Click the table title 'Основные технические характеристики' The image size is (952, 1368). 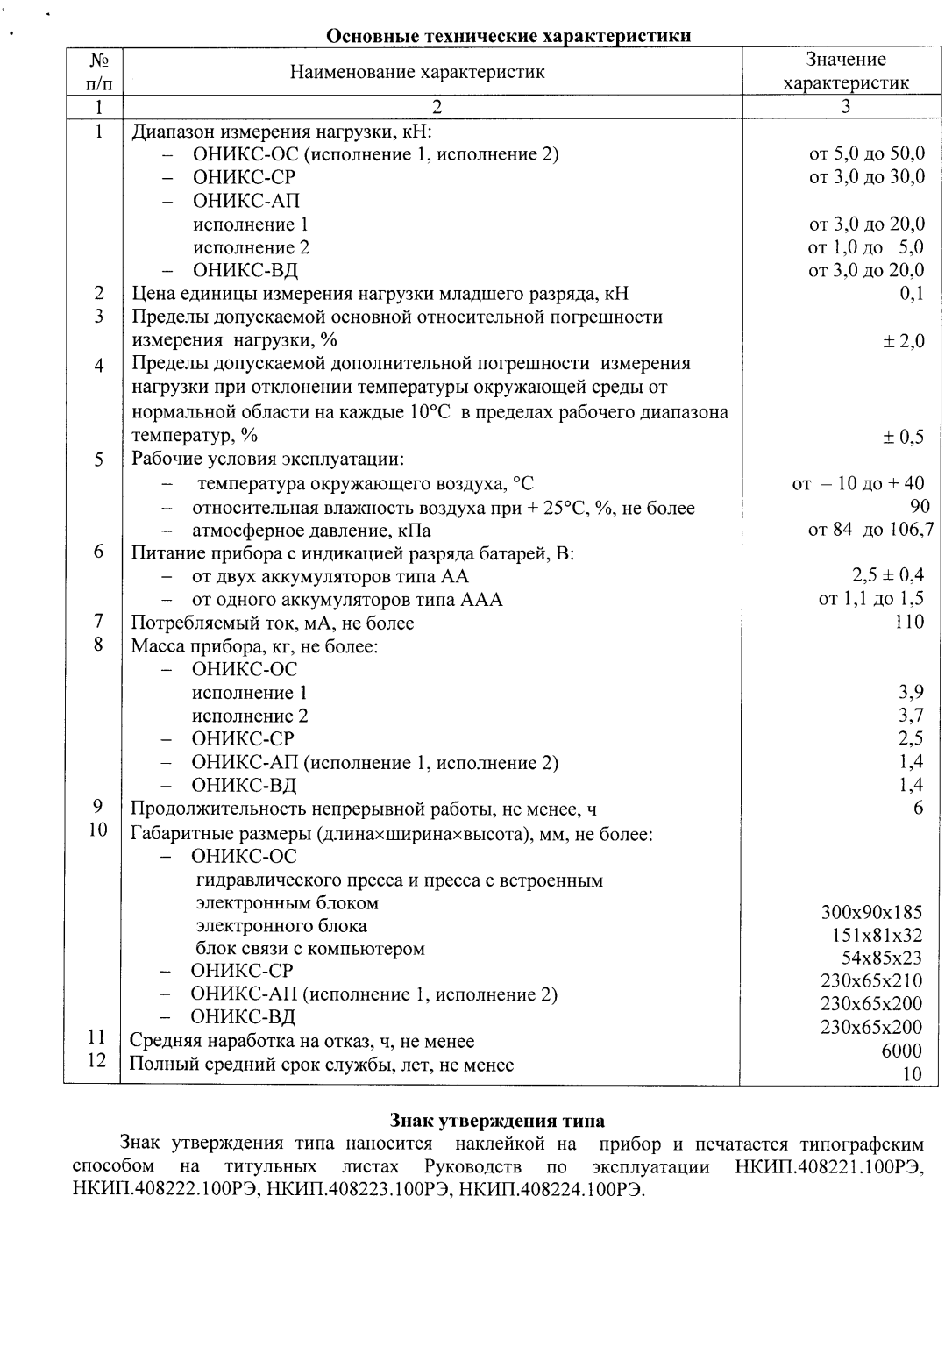(x=508, y=36)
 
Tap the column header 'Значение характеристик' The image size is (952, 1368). (x=845, y=71)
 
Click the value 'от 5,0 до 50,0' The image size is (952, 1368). (x=866, y=154)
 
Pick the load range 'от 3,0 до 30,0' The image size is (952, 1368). (x=866, y=177)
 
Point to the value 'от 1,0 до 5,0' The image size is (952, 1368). (x=865, y=247)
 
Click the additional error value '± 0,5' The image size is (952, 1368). (x=903, y=437)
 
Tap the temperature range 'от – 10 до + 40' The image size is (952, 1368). (x=857, y=483)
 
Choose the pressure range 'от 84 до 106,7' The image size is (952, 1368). (x=870, y=530)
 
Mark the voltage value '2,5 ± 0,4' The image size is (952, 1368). (x=887, y=575)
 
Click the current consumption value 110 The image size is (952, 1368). (x=909, y=622)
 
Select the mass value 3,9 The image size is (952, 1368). (x=911, y=693)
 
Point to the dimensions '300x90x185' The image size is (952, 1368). (x=870, y=912)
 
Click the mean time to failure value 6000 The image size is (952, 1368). (x=901, y=1051)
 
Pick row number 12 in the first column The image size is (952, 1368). (x=97, y=1060)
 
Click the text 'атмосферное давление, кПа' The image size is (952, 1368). (x=311, y=531)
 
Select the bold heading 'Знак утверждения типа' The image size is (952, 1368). (x=497, y=1121)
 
